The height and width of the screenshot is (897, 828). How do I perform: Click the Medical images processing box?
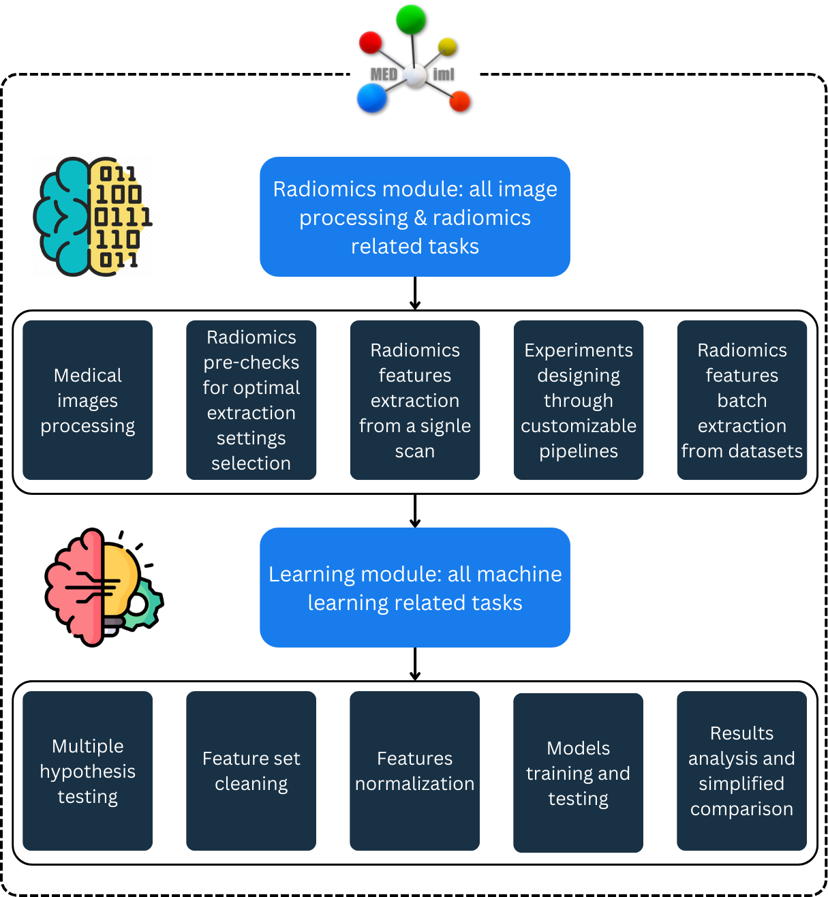87,400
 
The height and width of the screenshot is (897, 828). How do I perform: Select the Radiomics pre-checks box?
251,400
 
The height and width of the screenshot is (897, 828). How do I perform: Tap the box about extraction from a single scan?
414,400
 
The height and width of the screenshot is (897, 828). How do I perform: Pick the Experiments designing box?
578,400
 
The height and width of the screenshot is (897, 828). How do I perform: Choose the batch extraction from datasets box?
741,400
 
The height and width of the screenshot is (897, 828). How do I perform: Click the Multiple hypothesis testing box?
87,771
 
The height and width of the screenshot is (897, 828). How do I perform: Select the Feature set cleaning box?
251,771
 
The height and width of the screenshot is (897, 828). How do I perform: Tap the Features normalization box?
414,771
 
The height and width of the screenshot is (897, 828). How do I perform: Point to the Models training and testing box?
578,773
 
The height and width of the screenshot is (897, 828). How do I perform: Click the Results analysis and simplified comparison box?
741,771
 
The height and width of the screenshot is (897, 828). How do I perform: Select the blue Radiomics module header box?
414,217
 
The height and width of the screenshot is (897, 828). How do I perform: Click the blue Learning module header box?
414,588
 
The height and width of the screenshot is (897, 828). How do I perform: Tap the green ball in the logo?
411,20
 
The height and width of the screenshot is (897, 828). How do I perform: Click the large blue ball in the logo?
372,97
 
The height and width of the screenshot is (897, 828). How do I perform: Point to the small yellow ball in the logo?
447,46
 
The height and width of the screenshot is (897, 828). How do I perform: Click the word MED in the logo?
384,74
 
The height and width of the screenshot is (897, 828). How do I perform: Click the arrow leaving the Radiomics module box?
415,294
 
